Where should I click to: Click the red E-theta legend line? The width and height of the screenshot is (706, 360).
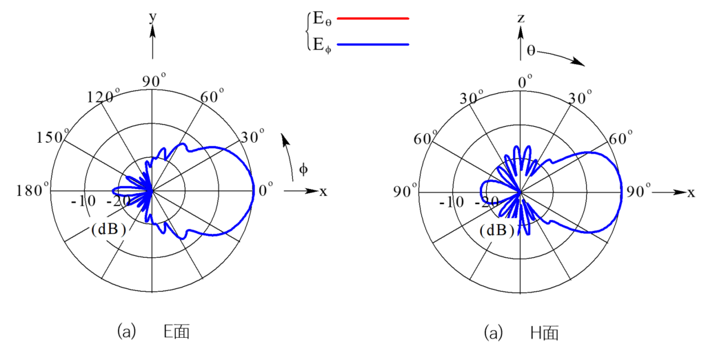373,19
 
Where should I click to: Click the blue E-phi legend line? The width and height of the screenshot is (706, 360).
373,45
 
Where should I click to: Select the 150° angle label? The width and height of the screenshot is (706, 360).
52,137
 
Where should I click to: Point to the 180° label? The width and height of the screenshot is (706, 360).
33,190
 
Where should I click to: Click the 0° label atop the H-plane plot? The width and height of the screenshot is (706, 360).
525,83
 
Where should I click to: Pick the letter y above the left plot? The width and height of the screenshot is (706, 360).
153,17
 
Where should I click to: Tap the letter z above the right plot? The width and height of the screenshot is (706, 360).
521,19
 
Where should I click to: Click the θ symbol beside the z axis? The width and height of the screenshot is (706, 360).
531,50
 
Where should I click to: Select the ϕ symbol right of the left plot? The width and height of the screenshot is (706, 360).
303,170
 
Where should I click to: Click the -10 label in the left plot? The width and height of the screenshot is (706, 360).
83,201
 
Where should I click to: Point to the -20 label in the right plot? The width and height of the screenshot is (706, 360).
487,202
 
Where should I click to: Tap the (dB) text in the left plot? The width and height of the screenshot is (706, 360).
108,230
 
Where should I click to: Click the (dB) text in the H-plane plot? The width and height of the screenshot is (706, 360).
497,230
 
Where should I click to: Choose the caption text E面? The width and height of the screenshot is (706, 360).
176,332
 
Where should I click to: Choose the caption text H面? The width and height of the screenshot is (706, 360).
544,333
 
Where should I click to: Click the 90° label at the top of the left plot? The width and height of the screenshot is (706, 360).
154,81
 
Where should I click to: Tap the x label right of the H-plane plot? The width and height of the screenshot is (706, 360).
691,193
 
